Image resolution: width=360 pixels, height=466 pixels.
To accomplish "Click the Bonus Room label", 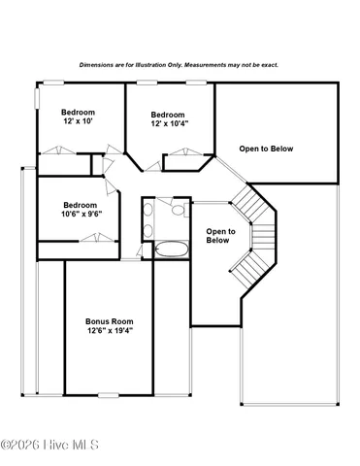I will pos(109,320).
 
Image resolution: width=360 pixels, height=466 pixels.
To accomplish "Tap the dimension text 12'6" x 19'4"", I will pos(109,330).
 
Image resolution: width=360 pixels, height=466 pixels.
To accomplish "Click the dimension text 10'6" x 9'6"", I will pos(82,215).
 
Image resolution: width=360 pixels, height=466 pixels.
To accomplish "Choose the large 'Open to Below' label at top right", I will pos(266,149).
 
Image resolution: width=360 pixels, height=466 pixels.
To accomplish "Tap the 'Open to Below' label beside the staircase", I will pos(219,236).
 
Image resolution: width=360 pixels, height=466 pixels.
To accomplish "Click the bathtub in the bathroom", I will pos(170,250).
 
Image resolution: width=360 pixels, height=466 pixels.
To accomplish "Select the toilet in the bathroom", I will pos(178,208).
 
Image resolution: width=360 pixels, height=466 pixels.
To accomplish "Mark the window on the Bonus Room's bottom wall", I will pos(109,394).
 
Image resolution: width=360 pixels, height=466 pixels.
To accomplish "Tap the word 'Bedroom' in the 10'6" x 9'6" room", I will pos(81,205).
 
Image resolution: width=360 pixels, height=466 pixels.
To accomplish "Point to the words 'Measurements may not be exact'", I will pos(234,65).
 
